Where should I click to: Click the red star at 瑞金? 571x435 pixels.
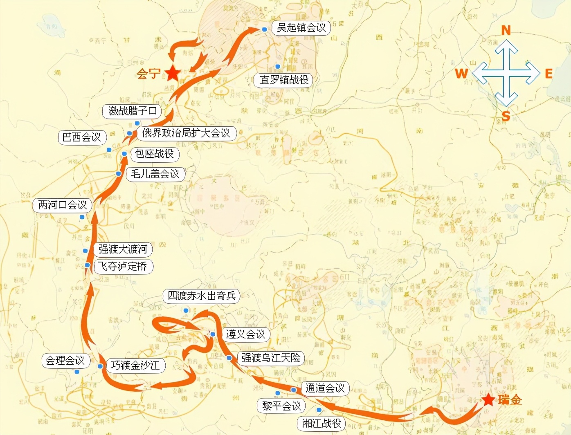click(488, 399)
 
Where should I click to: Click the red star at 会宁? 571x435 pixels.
click(173, 73)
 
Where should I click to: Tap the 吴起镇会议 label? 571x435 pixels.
click(301, 28)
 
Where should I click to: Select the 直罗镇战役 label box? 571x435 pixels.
click(284, 80)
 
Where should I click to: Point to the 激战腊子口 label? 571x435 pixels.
click(133, 111)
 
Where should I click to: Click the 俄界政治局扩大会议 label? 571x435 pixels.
click(186, 133)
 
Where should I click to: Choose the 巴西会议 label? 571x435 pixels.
click(82, 137)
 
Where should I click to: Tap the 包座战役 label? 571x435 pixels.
click(155, 154)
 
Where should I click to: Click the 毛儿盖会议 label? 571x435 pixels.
click(155, 174)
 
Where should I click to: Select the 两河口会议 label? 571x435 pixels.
click(63, 205)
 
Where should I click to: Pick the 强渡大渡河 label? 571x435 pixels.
click(123, 249)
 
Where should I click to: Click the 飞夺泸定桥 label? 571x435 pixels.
click(123, 267)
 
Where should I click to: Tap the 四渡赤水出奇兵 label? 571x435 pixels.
click(202, 296)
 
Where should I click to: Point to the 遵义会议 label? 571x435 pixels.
click(245, 334)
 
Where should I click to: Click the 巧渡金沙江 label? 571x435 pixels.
click(135, 365)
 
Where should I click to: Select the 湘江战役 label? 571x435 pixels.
click(321, 423)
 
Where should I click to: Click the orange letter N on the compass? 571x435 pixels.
click(506, 30)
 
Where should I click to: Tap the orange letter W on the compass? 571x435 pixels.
click(461, 74)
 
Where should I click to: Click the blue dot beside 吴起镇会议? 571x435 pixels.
click(265, 29)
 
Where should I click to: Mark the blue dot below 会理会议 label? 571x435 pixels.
click(76, 372)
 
